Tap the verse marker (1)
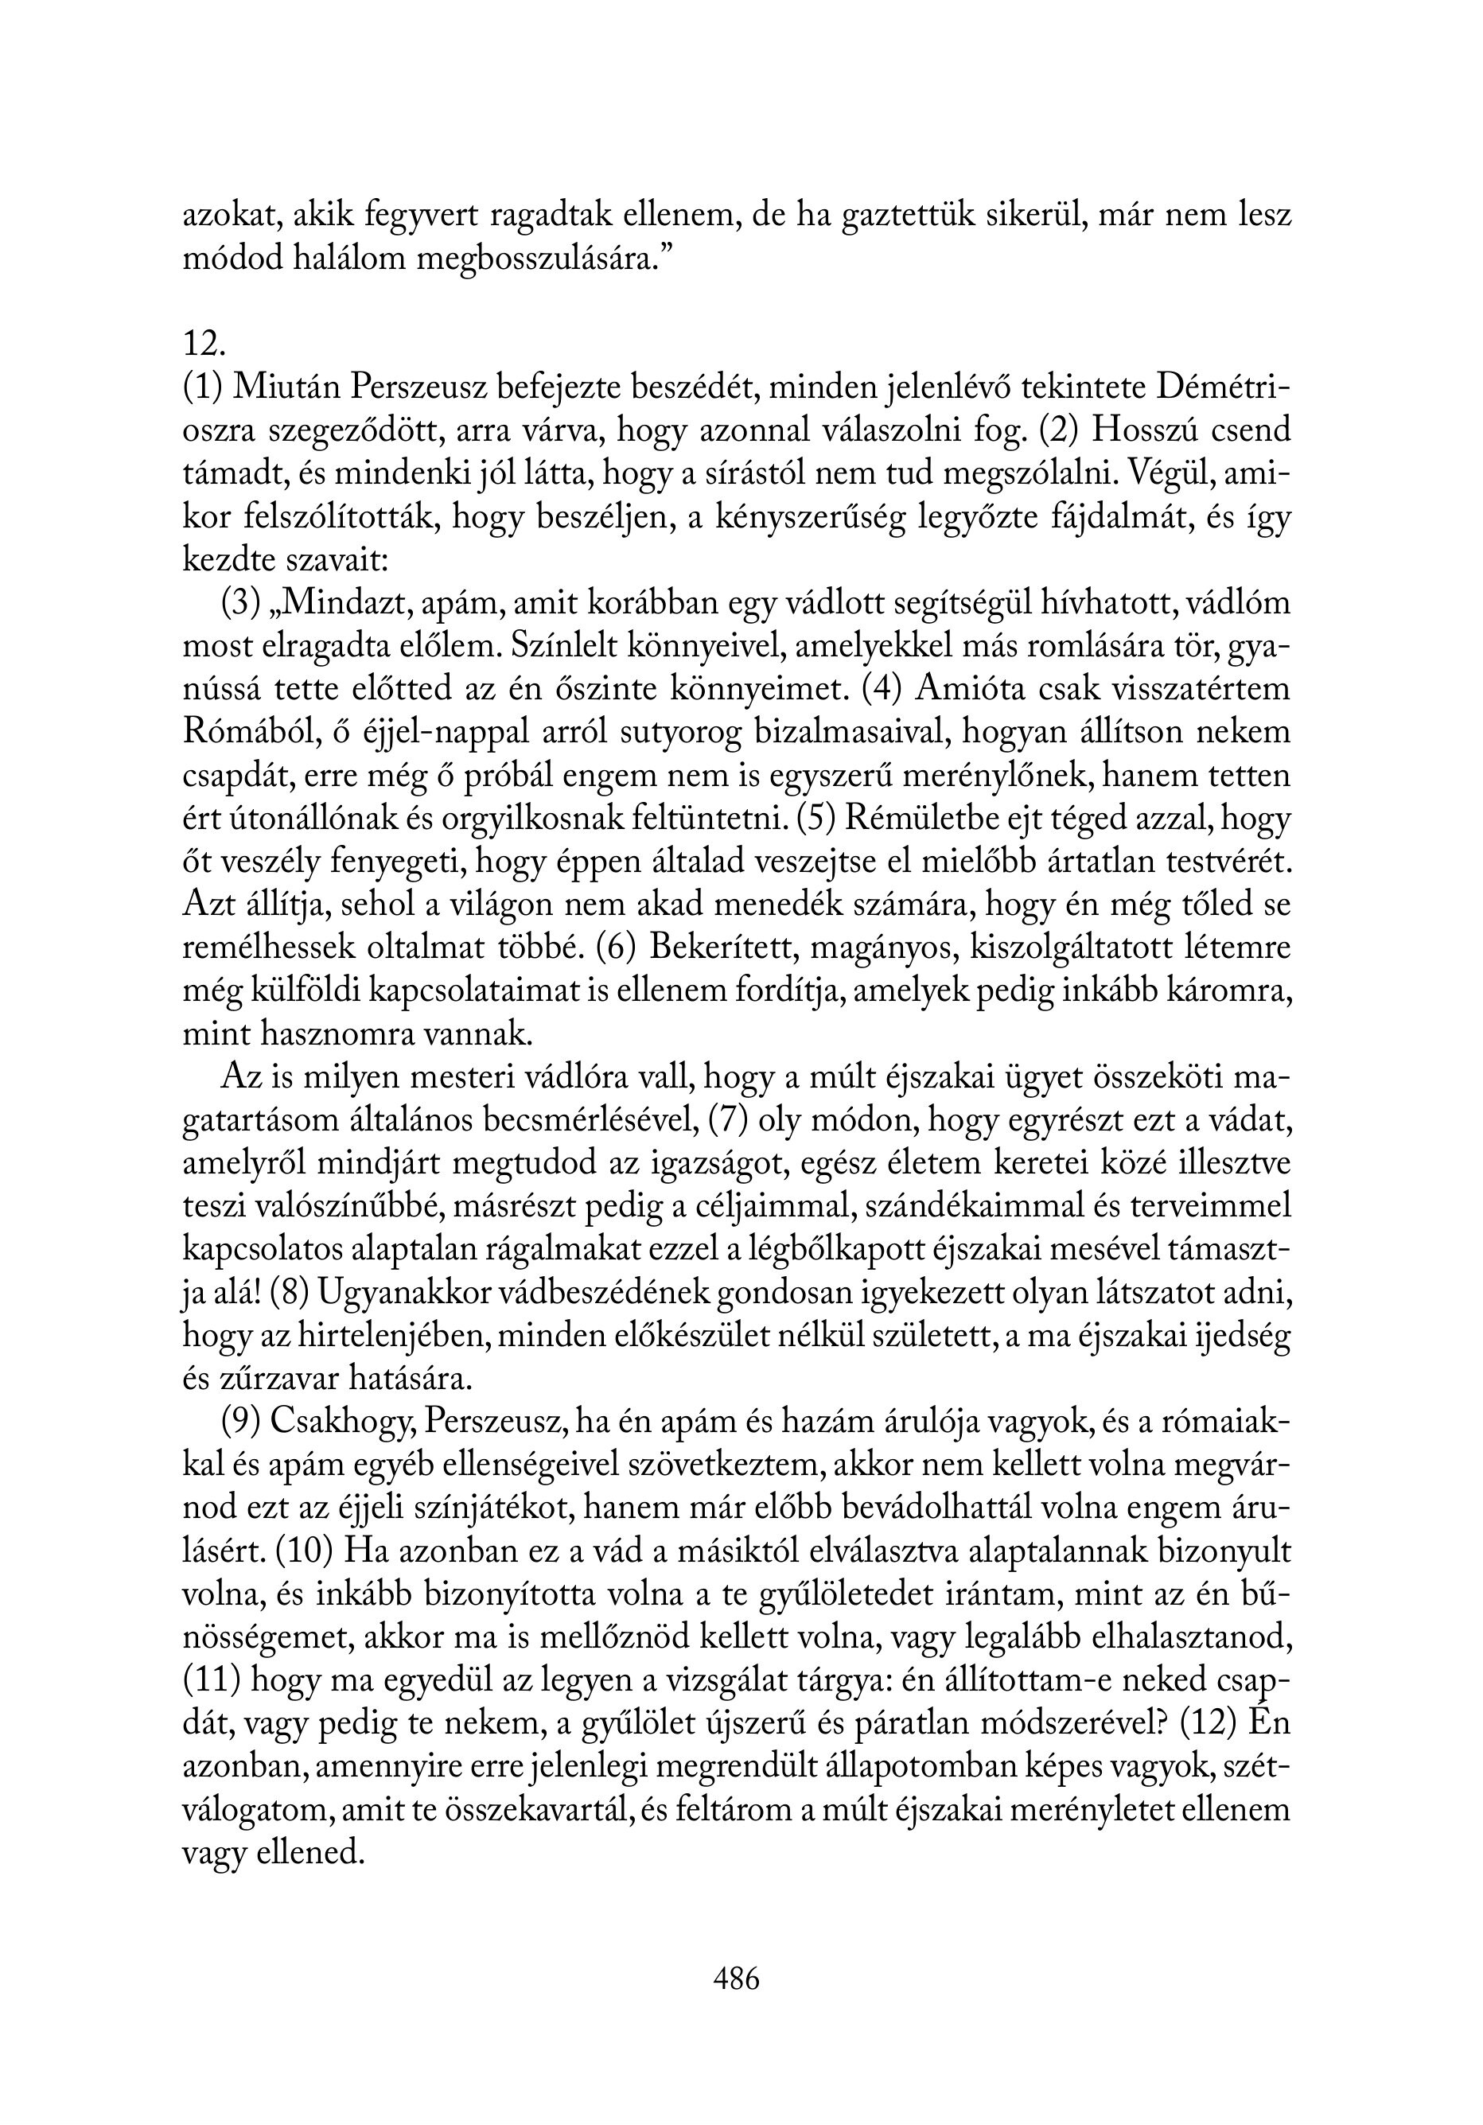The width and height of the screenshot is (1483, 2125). click(x=202, y=387)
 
